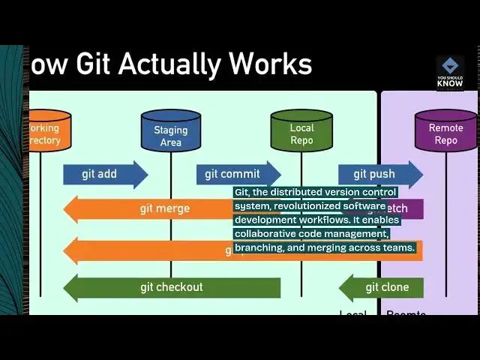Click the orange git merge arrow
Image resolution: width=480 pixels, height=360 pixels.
tap(150, 209)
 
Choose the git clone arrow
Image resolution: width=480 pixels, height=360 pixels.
tap(382, 287)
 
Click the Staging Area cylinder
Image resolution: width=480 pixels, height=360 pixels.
tap(171, 132)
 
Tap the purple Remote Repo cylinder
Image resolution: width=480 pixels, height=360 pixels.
tap(445, 131)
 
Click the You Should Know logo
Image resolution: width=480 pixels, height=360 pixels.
tap(450, 73)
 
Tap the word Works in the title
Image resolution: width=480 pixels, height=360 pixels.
tap(278, 64)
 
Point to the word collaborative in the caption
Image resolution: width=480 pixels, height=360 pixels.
tap(264, 234)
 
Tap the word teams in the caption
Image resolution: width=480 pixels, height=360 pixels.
tap(398, 247)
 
